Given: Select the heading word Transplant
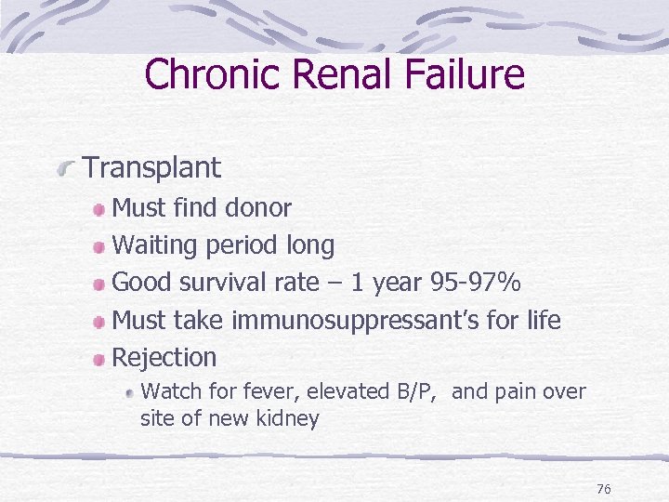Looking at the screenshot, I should (152, 168).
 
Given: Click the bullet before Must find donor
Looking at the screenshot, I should (99, 209).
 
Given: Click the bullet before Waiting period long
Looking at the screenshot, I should (99, 246).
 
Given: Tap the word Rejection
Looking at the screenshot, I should (164, 357).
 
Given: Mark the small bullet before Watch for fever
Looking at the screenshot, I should (130, 392).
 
